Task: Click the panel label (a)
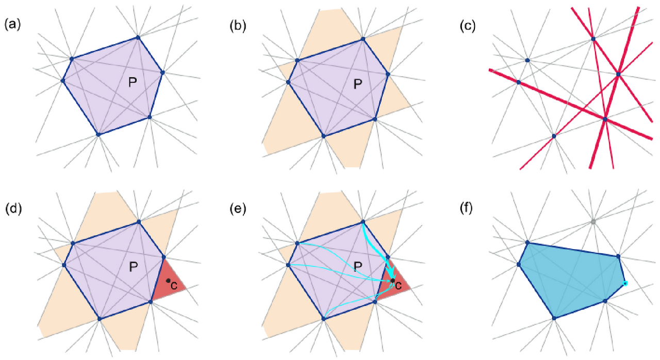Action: coord(12,25)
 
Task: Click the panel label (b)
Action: coord(238,25)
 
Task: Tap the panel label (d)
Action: coord(12,209)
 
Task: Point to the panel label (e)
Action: coord(238,209)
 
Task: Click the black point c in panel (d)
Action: coord(168,281)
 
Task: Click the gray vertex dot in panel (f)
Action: coord(593,222)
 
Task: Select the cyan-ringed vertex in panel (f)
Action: coord(625,283)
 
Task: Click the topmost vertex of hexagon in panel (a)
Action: coord(138,37)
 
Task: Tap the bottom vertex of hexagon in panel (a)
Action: coord(98,134)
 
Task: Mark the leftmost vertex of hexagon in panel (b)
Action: coord(288,81)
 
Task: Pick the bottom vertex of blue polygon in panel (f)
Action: coord(554,318)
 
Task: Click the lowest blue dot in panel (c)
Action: coord(554,136)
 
